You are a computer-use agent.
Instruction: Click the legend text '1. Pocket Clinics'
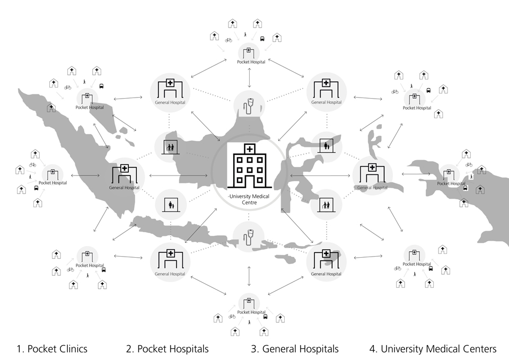52,349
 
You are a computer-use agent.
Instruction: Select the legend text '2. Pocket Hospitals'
168,349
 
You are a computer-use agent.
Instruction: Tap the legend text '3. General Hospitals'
295,349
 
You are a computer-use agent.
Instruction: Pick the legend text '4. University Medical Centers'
433,349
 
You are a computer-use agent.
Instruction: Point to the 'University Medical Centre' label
250,200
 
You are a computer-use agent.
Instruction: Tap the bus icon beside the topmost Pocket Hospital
263,39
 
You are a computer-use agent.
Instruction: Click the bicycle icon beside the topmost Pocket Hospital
229,39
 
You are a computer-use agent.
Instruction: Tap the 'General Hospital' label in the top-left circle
170,102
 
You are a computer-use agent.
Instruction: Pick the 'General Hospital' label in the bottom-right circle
326,274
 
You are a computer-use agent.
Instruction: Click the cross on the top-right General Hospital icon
326,83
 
